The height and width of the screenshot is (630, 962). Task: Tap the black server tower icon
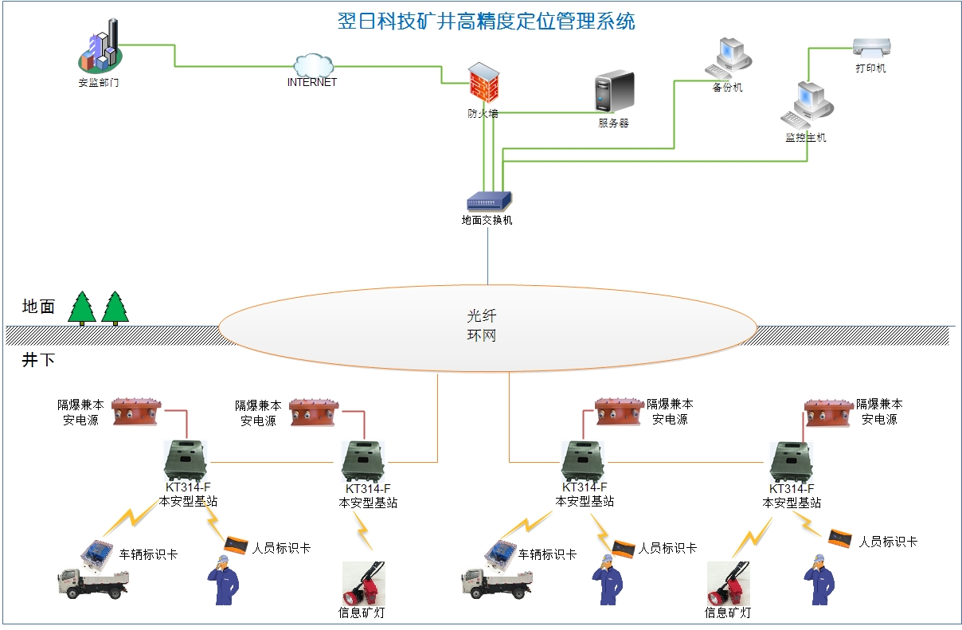614,92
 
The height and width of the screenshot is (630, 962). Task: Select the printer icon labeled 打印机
871,47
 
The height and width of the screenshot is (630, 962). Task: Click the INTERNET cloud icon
312,65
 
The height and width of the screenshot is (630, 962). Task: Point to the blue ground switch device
488,201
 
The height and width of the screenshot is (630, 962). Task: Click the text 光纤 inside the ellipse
482,316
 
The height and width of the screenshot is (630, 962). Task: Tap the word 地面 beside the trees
38,307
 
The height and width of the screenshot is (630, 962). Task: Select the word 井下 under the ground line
38,360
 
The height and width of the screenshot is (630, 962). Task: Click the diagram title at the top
487,22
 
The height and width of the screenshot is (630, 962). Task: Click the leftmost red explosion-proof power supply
137,411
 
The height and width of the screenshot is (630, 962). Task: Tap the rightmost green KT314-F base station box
791,461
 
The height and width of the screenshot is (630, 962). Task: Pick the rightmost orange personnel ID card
842,538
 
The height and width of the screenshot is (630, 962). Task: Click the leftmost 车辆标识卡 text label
149,554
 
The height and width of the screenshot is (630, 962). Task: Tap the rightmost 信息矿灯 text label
728,613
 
